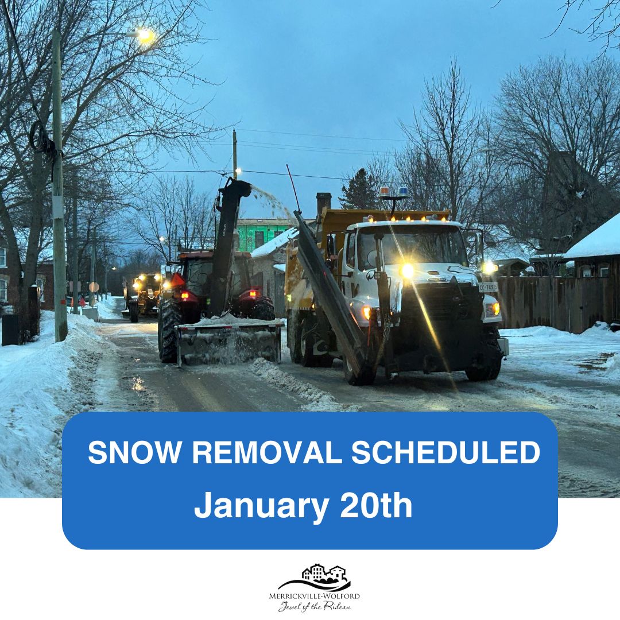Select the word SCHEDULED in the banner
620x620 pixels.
(x=445, y=454)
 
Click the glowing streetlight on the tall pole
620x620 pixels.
(x=144, y=34)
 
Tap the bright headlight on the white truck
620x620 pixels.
(x=407, y=270)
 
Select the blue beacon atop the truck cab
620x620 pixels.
(x=402, y=191)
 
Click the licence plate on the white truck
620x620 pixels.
(x=488, y=287)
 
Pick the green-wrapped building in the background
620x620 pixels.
(x=261, y=234)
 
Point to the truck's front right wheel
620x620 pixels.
(x=485, y=362)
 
